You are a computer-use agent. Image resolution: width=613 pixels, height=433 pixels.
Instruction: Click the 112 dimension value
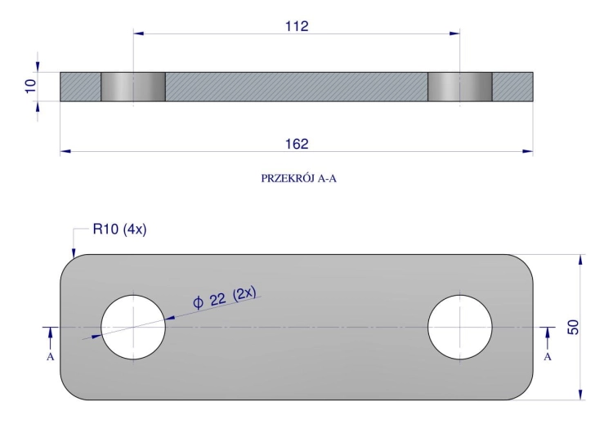(x=297, y=26)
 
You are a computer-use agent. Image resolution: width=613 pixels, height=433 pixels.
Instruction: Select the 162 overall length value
(x=297, y=145)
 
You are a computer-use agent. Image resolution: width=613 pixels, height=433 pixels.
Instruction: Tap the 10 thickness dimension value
(x=30, y=86)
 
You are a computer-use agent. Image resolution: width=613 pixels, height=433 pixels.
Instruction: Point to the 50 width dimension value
(x=573, y=327)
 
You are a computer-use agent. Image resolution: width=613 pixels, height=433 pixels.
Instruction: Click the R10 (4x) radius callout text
(x=119, y=229)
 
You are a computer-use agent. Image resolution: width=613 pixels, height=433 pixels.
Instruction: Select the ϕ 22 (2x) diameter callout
(x=225, y=297)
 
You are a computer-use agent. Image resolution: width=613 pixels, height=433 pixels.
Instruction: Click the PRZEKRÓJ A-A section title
(x=298, y=179)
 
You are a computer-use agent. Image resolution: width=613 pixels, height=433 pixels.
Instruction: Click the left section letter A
(x=50, y=357)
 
